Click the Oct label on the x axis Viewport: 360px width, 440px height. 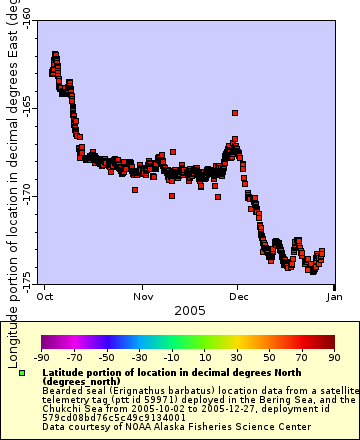(45, 297)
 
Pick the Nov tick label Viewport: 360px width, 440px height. (144, 297)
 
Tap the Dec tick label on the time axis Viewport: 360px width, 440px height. (239, 297)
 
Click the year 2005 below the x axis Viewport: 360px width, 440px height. (190, 311)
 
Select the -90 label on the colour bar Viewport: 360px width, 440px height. (42, 356)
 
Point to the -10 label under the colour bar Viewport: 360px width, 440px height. (172, 356)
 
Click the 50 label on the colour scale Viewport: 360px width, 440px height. (270, 356)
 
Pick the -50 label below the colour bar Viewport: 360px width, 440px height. (107, 356)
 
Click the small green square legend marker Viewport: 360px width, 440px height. (22, 373)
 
